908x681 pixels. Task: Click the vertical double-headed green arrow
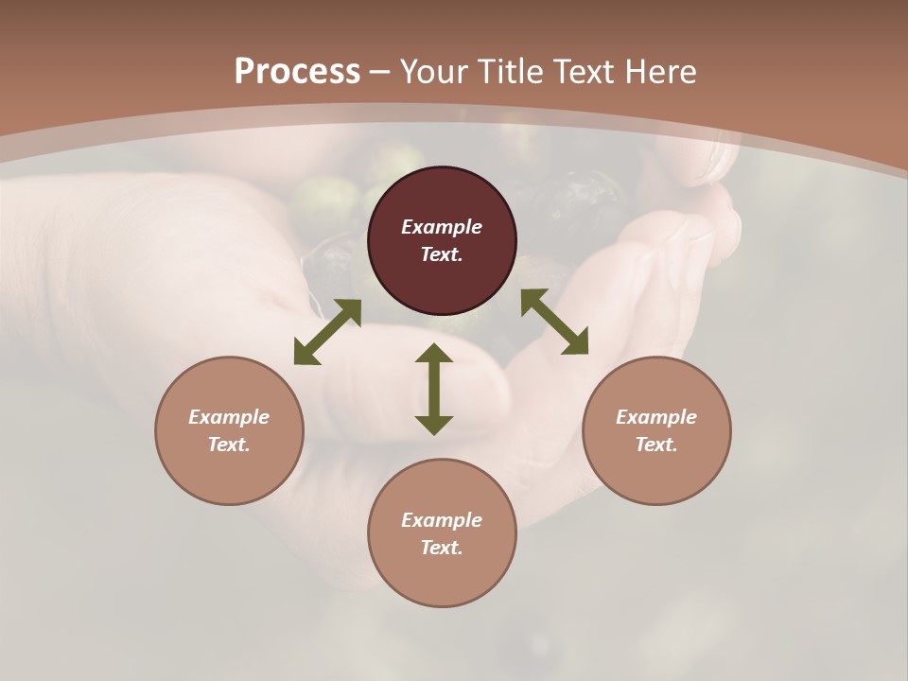[434, 389]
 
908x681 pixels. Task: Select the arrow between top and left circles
[327, 332]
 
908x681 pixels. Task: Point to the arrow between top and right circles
[554, 322]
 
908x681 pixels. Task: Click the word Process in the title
[297, 71]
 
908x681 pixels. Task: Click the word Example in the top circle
[442, 227]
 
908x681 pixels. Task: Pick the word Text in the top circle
[442, 254]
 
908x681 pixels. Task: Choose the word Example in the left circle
[229, 417]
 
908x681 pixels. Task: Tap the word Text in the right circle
[656, 445]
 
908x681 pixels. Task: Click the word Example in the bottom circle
[442, 520]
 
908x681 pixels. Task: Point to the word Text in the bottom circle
[442, 548]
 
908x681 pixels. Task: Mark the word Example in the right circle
[656, 417]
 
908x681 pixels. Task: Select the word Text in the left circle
[229, 445]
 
